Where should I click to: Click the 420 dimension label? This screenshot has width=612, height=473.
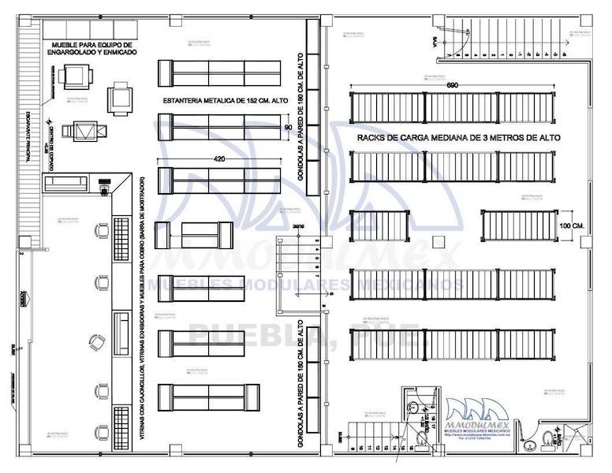220,160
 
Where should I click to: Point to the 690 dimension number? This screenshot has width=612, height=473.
452,84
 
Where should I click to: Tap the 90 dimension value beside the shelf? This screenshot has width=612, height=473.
287,126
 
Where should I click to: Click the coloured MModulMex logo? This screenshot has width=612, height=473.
481,418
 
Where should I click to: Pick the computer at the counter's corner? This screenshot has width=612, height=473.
103,190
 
